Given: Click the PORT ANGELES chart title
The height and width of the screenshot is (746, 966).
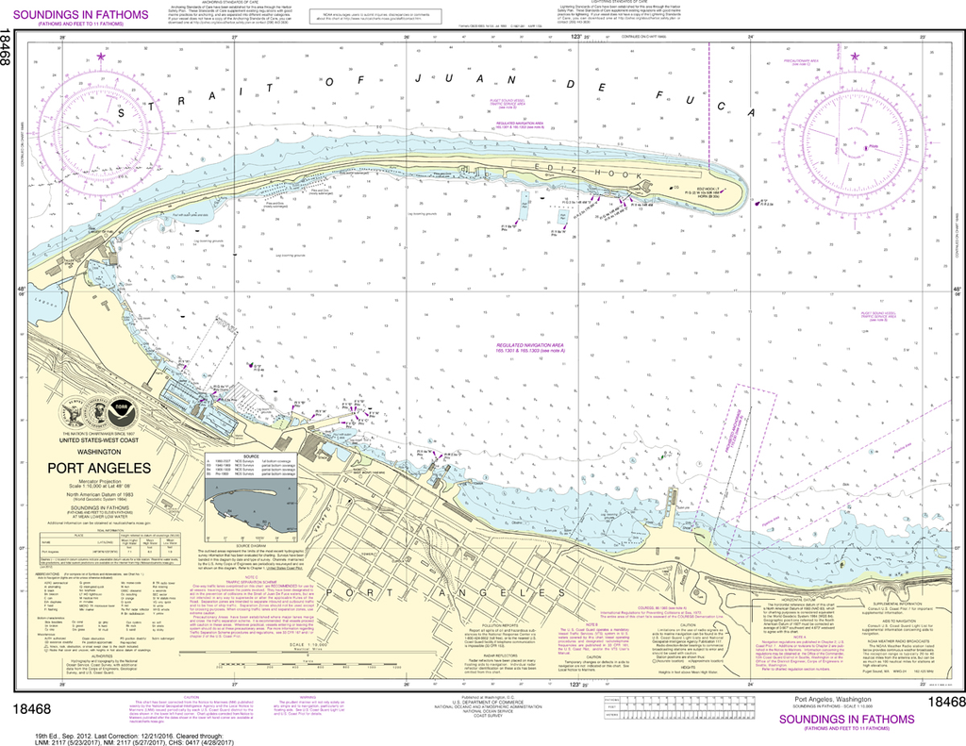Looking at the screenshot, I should [x=99, y=468].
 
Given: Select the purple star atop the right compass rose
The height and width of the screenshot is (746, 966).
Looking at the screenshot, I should [x=855, y=58].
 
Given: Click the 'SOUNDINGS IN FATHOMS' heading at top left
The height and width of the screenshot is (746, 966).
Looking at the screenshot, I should [x=83, y=16].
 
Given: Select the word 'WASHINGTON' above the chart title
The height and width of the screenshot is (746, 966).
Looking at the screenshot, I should [x=99, y=453].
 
